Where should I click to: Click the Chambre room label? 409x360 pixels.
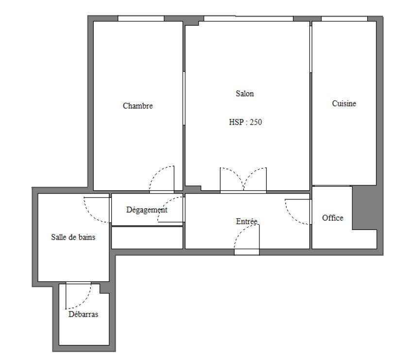point(138,106)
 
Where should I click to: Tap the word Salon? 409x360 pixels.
point(245,94)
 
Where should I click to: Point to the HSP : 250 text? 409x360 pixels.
point(245,122)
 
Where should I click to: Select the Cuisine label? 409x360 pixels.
point(344,103)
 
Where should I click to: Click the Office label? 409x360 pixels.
point(333,218)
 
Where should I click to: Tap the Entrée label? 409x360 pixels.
point(247,221)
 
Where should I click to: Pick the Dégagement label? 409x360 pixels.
point(147,210)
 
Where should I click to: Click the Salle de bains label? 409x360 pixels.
point(73,237)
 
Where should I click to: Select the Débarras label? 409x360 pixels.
point(83,314)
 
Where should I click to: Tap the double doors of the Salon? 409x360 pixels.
point(243,180)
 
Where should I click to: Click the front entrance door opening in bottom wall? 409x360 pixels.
point(247,252)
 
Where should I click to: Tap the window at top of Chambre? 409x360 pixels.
point(141,18)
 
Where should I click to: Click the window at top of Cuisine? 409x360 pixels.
point(344,18)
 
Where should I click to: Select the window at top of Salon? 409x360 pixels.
point(248,18)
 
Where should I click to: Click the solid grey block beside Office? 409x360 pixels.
point(364,208)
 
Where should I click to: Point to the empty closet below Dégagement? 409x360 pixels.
point(147,238)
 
